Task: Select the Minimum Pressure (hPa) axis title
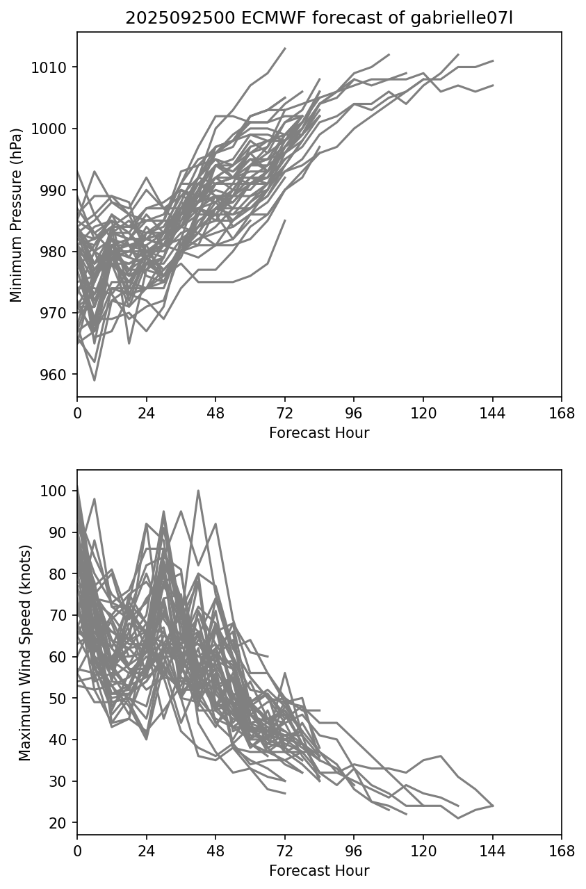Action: (x=17, y=214)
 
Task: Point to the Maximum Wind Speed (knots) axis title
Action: (x=25, y=652)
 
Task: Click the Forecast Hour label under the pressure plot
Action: (x=319, y=433)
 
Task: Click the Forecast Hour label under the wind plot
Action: (x=319, y=871)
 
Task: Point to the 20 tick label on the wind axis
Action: (x=60, y=823)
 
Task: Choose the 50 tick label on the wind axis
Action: (x=60, y=699)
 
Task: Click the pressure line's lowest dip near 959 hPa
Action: (x=95, y=380)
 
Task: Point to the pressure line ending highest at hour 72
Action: (x=285, y=49)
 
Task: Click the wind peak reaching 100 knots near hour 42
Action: (x=198, y=491)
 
